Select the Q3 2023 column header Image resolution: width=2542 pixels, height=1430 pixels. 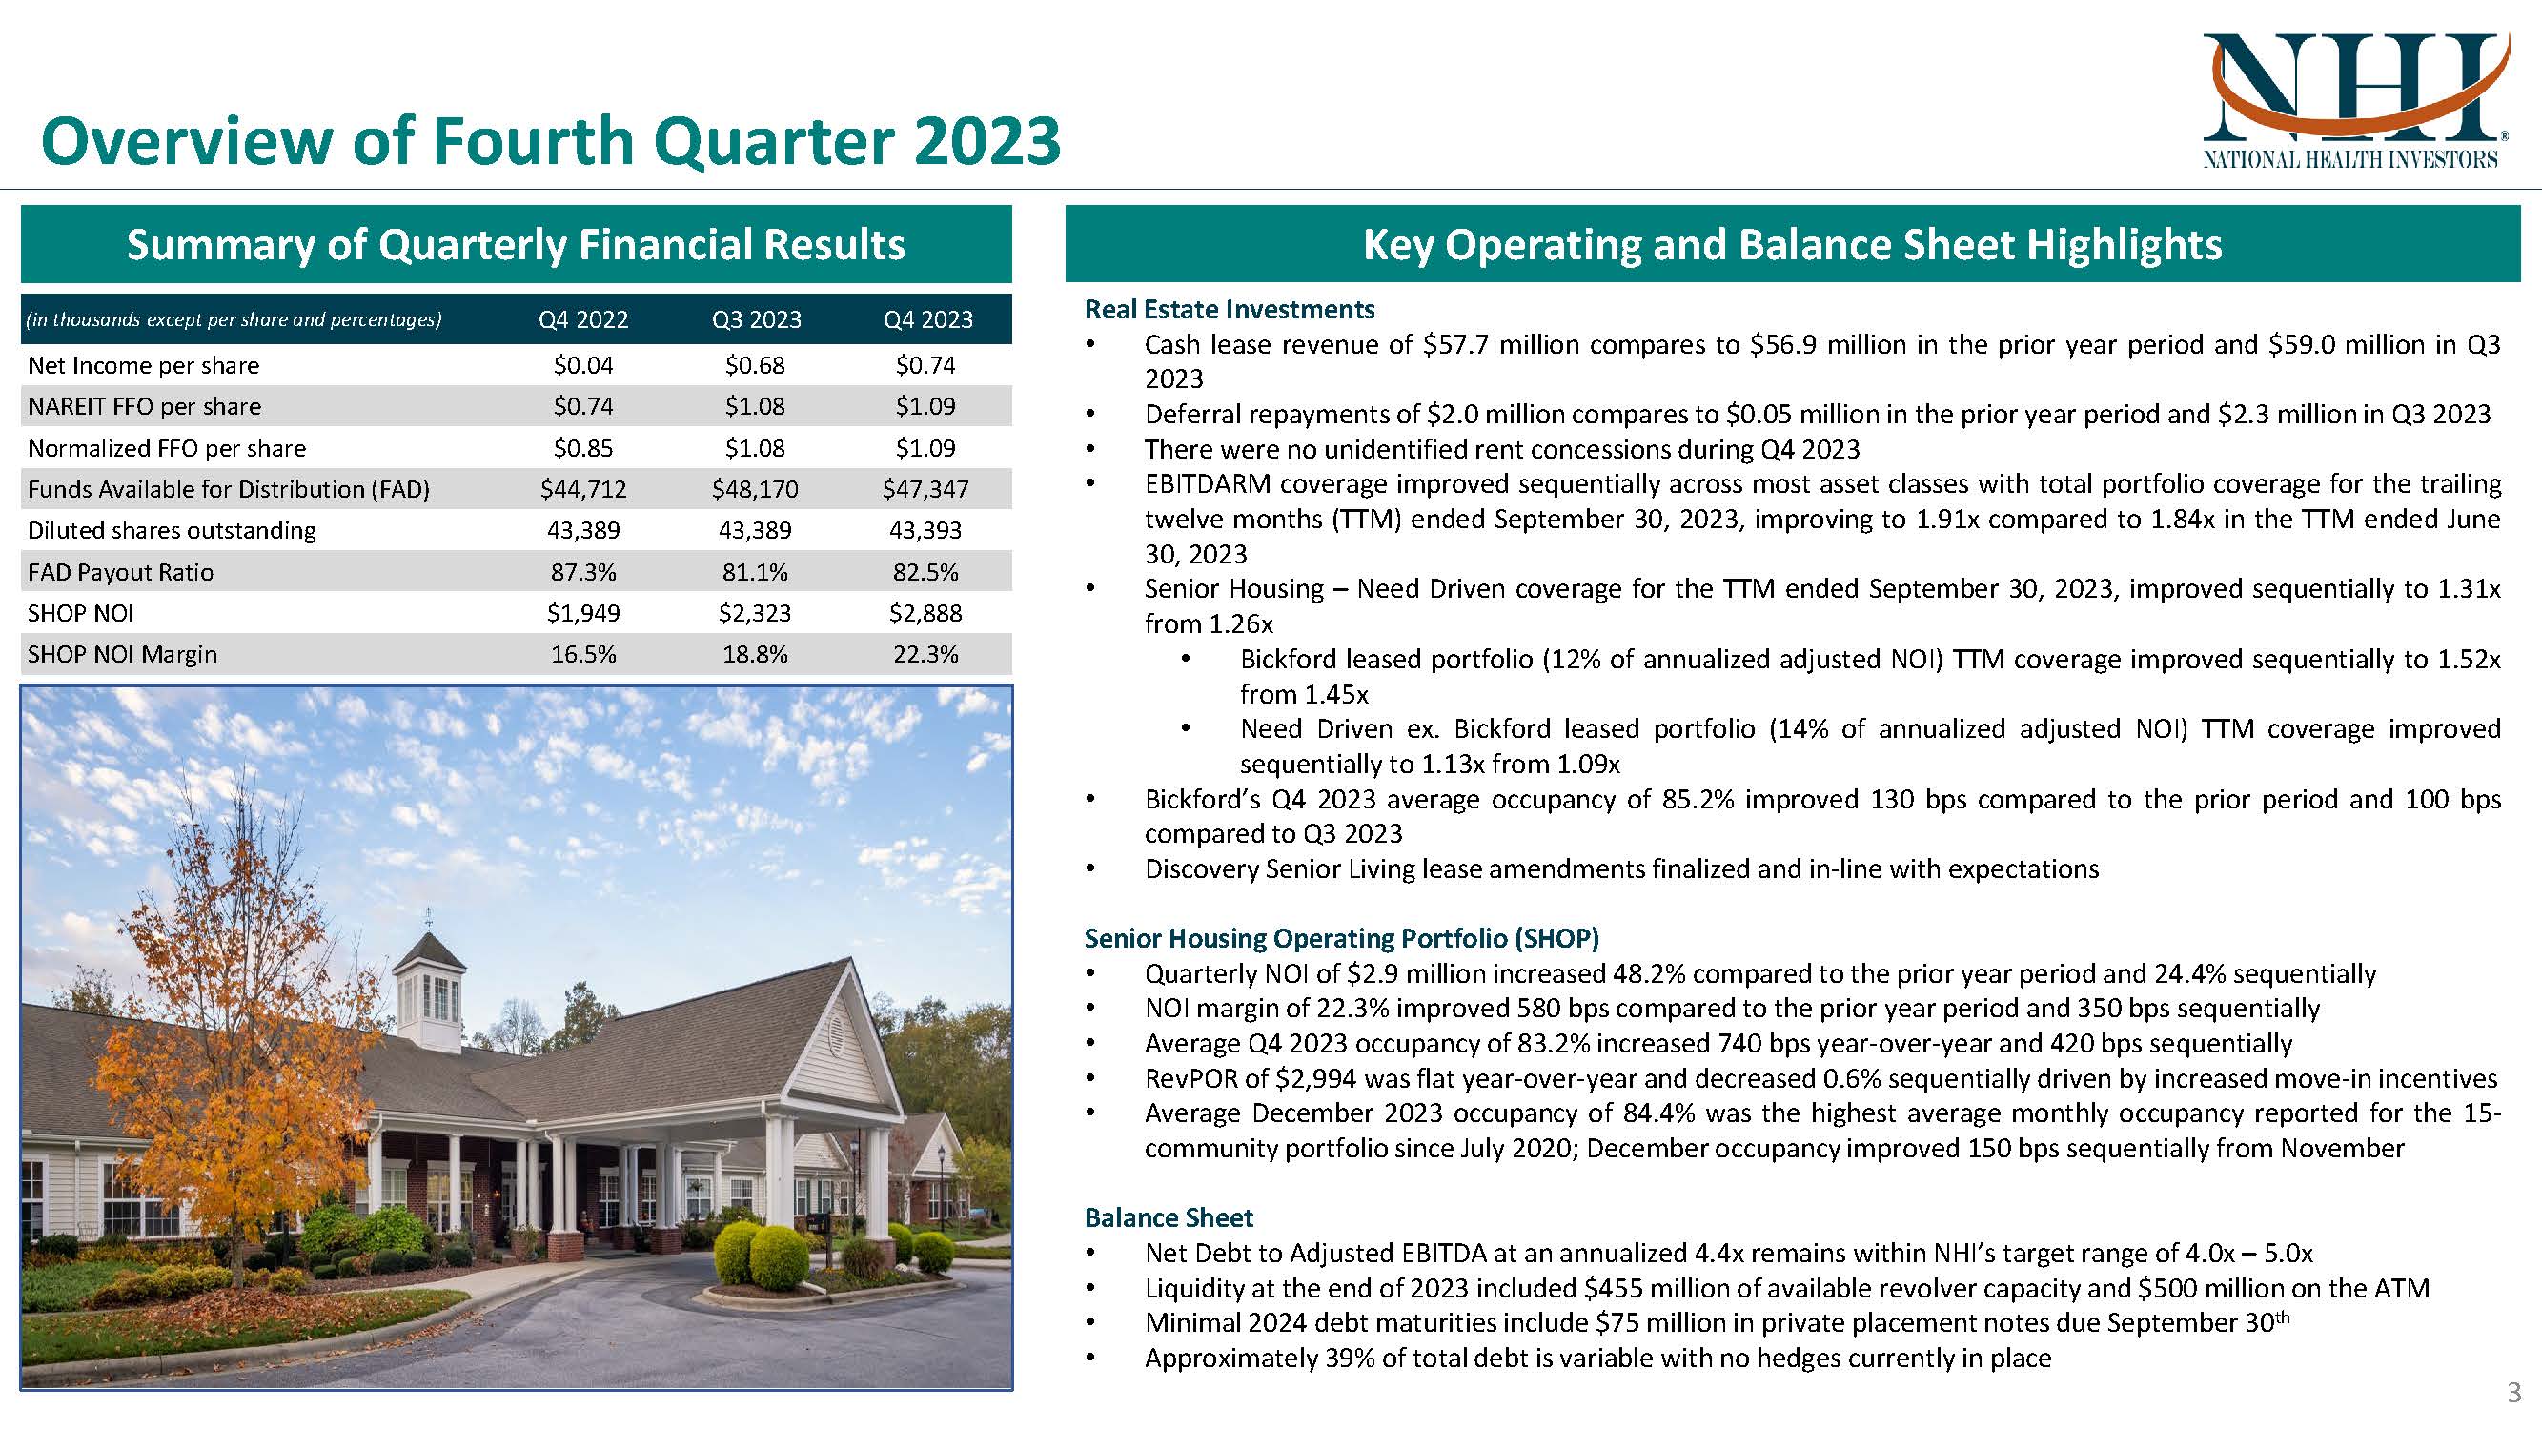756,319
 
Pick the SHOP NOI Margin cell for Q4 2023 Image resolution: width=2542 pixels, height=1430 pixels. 925,654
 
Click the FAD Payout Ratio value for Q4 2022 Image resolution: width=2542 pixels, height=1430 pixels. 583,572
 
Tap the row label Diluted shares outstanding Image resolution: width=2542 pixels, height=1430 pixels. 172,531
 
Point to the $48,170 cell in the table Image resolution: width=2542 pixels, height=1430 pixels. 755,489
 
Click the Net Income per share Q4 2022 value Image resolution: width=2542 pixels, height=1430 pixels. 583,366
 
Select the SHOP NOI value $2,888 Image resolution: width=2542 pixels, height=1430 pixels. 925,614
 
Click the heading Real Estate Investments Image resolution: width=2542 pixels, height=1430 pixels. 1229,310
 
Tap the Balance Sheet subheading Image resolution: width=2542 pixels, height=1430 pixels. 1169,1217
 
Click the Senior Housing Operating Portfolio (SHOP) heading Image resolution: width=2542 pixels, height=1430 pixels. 1341,938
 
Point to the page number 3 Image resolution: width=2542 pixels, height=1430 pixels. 2514,1394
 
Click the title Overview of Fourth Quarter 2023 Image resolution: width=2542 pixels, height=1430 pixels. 550,141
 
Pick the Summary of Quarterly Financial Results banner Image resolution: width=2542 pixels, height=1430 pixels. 515,245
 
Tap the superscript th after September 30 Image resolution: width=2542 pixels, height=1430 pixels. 2282,1317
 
